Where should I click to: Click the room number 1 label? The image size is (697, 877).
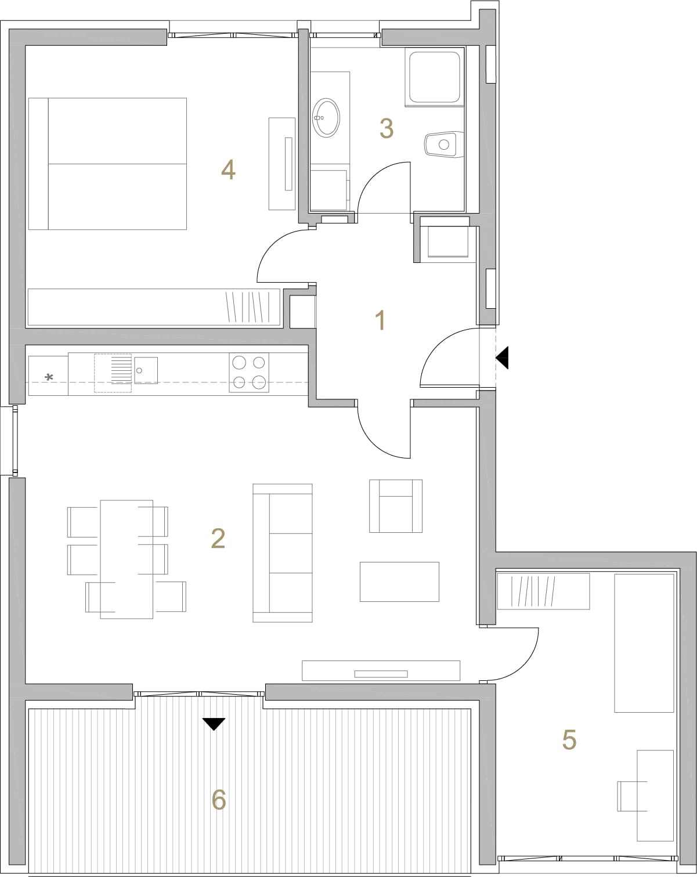[380, 320]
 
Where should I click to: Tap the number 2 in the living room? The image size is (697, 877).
[218, 539]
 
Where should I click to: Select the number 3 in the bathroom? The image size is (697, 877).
[387, 128]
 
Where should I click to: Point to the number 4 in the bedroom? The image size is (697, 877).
[228, 169]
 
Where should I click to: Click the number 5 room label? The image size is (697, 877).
[569, 739]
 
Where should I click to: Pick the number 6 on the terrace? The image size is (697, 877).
[219, 800]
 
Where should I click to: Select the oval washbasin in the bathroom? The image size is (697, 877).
[326, 118]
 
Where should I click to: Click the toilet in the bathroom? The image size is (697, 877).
[444, 145]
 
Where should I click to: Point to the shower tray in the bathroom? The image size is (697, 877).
[435, 77]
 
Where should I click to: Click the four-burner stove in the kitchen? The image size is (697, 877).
[249, 373]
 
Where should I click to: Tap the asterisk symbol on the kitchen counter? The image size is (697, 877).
[49, 378]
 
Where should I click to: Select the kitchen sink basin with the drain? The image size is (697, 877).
[146, 370]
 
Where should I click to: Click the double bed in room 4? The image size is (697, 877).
[107, 164]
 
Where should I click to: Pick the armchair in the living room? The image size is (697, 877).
[396, 506]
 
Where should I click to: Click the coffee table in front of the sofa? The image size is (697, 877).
[399, 582]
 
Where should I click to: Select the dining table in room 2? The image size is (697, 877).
[127, 559]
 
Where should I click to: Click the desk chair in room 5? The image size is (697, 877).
[632, 796]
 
